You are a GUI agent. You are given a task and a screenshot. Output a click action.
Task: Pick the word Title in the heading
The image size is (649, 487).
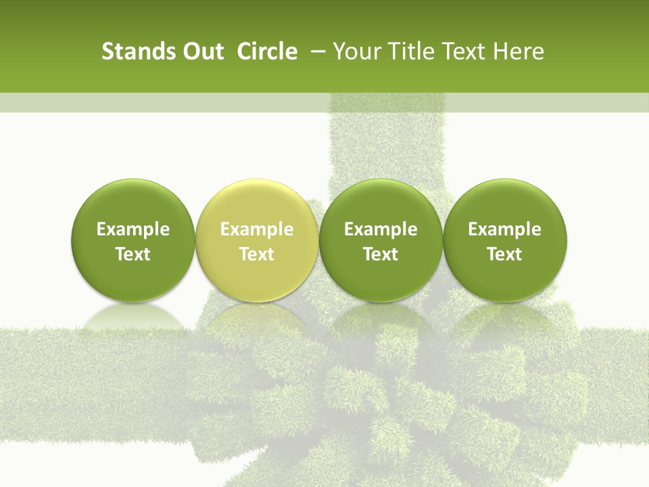tap(405, 51)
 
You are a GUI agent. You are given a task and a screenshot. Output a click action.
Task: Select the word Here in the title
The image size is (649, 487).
tap(519, 51)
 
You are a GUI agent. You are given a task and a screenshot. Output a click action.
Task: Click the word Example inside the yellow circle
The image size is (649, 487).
tap(257, 229)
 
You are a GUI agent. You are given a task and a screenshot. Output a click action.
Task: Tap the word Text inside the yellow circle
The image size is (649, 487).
tap(257, 254)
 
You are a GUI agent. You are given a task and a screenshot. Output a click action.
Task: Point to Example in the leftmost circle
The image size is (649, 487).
tap(133, 229)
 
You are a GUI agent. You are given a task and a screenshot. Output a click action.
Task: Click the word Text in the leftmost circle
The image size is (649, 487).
tap(133, 254)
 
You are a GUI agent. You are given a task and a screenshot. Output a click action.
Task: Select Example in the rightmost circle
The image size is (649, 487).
tap(505, 229)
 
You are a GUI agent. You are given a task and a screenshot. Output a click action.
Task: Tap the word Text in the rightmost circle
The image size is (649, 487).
tap(505, 254)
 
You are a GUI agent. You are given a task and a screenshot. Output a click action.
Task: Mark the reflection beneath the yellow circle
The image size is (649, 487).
tap(256, 318)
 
